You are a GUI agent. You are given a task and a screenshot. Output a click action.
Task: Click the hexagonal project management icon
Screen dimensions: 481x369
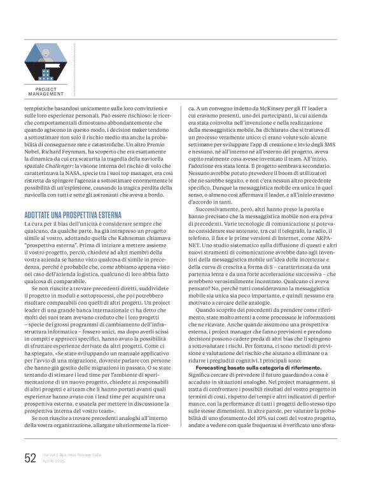(45, 62)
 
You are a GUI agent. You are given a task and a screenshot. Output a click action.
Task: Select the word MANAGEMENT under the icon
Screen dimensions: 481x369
(46, 94)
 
